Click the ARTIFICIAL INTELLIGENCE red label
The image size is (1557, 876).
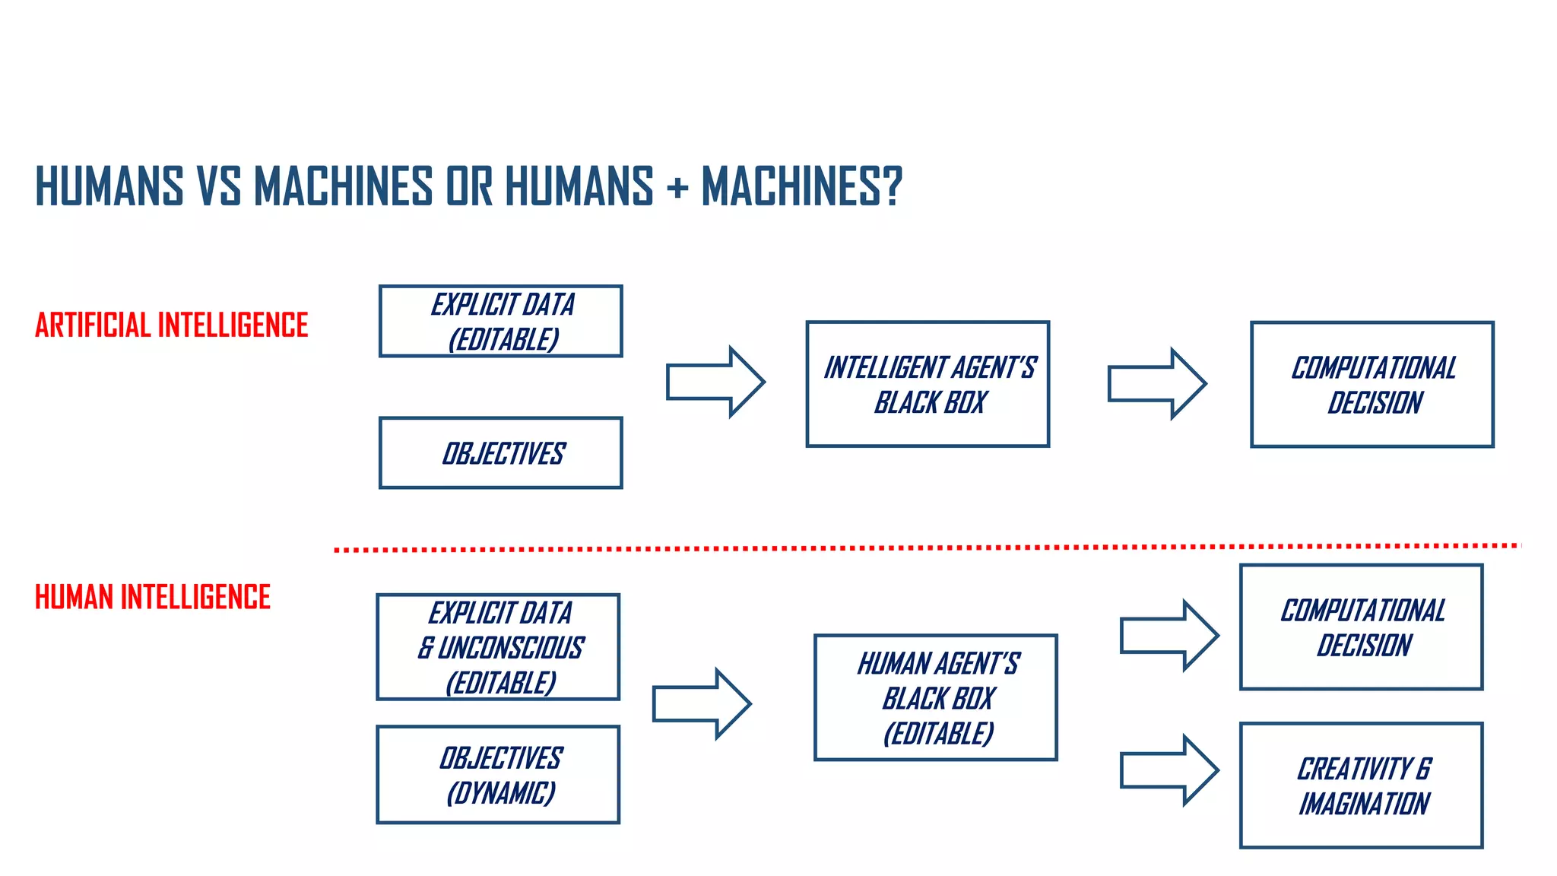click(x=171, y=325)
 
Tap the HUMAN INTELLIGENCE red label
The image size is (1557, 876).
click(x=152, y=598)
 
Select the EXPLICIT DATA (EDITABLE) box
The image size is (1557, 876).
click(x=501, y=321)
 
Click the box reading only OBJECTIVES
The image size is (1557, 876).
click(x=501, y=453)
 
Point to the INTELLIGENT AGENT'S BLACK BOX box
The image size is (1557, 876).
click(x=928, y=384)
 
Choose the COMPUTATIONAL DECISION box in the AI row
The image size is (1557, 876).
click(x=1372, y=385)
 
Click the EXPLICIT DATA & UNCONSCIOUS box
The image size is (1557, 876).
click(x=498, y=647)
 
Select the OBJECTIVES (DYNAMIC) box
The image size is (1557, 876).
click(x=498, y=775)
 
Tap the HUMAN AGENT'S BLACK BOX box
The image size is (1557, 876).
click(x=936, y=698)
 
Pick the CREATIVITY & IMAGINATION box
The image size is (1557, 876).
click(x=1362, y=786)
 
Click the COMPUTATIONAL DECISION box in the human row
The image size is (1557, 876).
click(x=1362, y=627)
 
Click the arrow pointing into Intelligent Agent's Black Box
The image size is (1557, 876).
click(x=715, y=382)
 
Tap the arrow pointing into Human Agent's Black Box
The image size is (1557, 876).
click(x=702, y=703)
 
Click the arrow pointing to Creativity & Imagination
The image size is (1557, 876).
click(x=1169, y=770)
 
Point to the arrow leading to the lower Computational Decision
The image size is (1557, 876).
click(x=1169, y=636)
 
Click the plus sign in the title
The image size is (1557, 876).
click(x=677, y=187)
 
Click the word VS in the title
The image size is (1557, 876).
click(x=219, y=187)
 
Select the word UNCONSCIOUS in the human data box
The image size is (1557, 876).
click(x=511, y=648)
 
